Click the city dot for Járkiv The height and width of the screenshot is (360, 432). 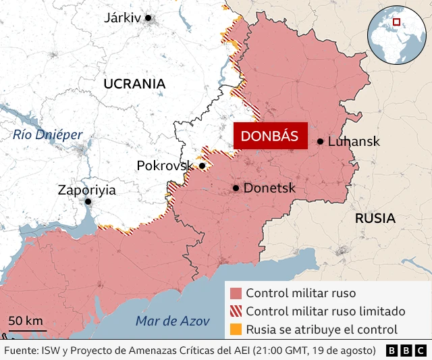148,18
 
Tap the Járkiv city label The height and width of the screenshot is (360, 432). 122,18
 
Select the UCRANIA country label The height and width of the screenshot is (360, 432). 134,84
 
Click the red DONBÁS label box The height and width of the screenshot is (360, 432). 269,135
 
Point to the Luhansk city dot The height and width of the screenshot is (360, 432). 320,141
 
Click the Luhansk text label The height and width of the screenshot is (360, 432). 353,142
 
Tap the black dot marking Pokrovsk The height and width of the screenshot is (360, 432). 202,165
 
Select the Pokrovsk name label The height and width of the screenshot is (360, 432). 165,165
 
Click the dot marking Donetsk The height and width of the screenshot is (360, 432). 236,188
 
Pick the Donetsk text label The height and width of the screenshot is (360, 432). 269,188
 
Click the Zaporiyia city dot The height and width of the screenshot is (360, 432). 88,201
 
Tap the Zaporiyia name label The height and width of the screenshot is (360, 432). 86,190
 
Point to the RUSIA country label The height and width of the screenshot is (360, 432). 375,218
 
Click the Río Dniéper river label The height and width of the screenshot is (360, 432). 47,135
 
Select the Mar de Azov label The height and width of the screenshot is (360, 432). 163,321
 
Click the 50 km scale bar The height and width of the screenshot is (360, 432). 27,330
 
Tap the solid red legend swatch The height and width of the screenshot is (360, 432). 236,294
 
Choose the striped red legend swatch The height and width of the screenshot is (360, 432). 236,311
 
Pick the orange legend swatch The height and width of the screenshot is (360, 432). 236,330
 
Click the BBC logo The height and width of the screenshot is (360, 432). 406,351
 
